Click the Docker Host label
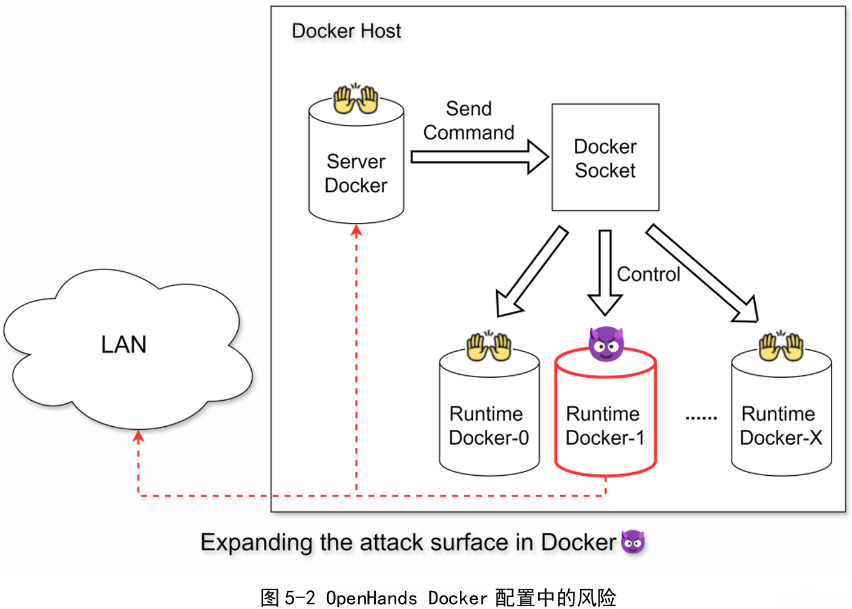click(346, 31)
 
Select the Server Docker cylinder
click(356, 173)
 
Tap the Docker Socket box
click(605, 158)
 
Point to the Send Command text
click(469, 120)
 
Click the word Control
click(649, 274)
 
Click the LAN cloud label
click(124, 344)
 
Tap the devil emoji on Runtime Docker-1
click(606, 344)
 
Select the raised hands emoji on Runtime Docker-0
click(489, 346)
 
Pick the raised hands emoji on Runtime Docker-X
click(781, 346)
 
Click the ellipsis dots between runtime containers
click(701, 418)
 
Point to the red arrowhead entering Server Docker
click(356, 231)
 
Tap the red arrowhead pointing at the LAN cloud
click(139, 436)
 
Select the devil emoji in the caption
click(633, 542)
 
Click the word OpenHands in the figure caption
click(371, 598)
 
